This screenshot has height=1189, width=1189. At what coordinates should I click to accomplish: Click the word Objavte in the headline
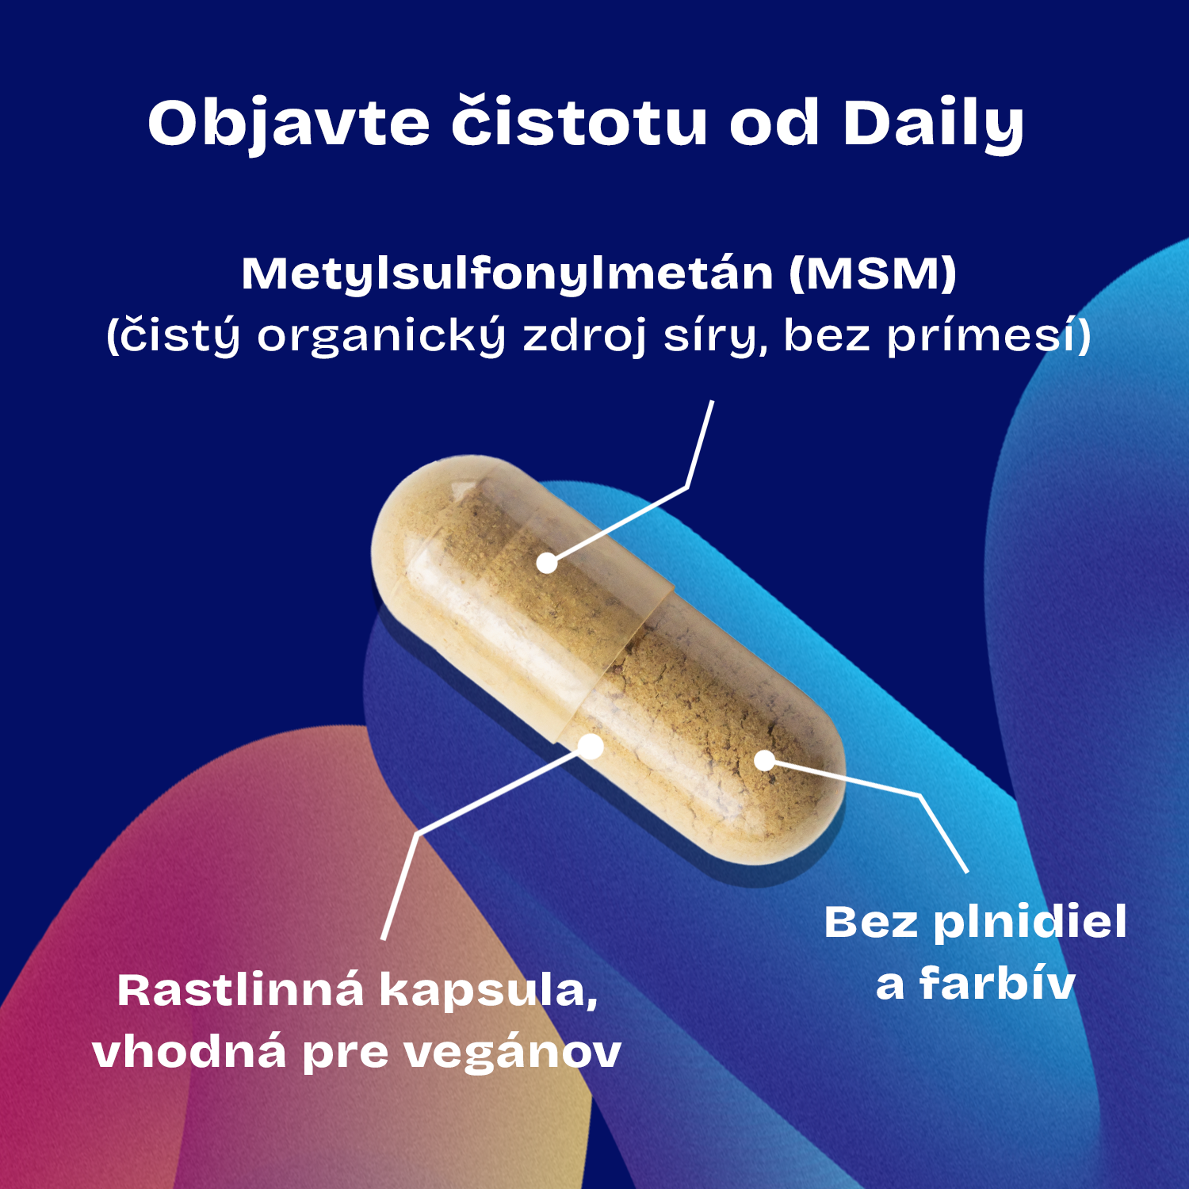(x=289, y=124)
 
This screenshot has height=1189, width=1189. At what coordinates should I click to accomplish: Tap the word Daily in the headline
(x=933, y=124)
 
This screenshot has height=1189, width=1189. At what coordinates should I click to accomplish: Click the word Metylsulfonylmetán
(x=507, y=275)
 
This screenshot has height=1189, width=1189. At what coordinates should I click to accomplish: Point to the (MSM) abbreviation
(x=873, y=273)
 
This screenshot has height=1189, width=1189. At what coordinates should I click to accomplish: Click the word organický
(x=381, y=335)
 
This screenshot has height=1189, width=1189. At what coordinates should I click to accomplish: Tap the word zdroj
(x=585, y=336)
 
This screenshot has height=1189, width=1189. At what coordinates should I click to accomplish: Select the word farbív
(x=996, y=984)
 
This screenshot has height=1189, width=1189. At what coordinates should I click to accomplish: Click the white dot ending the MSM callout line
(x=547, y=563)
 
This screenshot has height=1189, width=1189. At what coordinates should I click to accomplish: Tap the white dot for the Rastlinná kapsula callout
(x=591, y=746)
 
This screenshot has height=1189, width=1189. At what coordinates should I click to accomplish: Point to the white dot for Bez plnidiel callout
(x=764, y=760)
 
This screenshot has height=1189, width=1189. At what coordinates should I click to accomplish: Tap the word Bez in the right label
(x=870, y=923)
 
